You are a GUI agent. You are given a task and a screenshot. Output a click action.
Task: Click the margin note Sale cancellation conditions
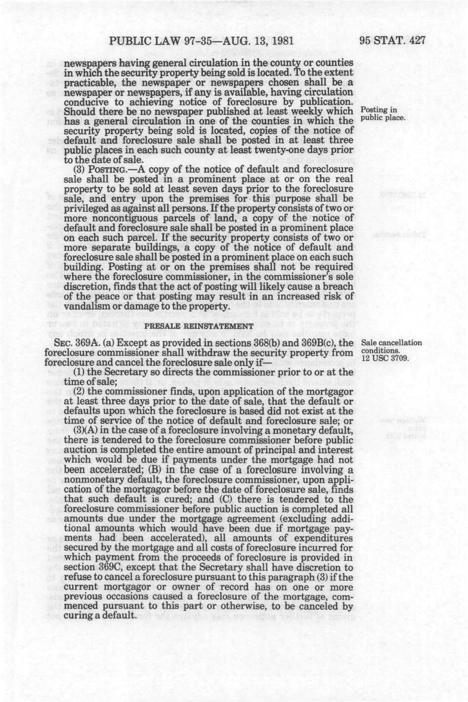391,347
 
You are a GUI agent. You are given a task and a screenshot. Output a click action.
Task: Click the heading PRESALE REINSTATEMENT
198,327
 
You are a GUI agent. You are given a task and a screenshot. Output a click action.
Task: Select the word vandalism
88,306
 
